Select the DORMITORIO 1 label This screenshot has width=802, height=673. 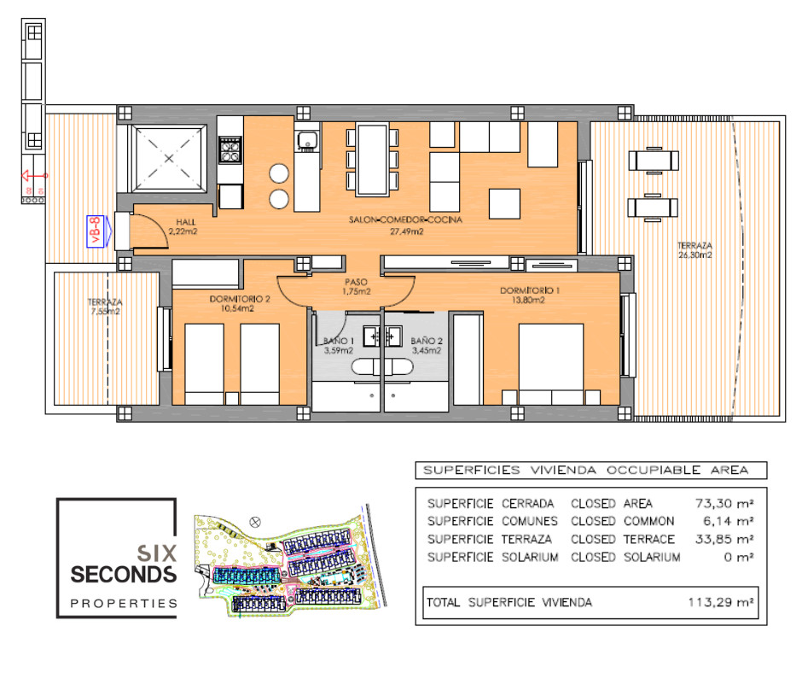click(530, 296)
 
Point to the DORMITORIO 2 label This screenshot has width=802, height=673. click(240, 303)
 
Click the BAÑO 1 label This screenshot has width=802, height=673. click(338, 344)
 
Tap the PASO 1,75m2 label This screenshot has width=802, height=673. click(356, 286)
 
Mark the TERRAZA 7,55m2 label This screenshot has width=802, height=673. click(105, 307)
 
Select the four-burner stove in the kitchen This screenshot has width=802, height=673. click(230, 150)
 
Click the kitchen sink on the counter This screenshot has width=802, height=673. click(306, 140)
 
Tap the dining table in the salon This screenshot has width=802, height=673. click(372, 159)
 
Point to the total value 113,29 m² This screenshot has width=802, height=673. click(720, 602)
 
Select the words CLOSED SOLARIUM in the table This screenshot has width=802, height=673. click(625, 557)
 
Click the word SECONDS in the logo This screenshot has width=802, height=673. click(124, 574)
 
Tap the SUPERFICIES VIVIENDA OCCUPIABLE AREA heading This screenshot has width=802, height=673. click(585, 470)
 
